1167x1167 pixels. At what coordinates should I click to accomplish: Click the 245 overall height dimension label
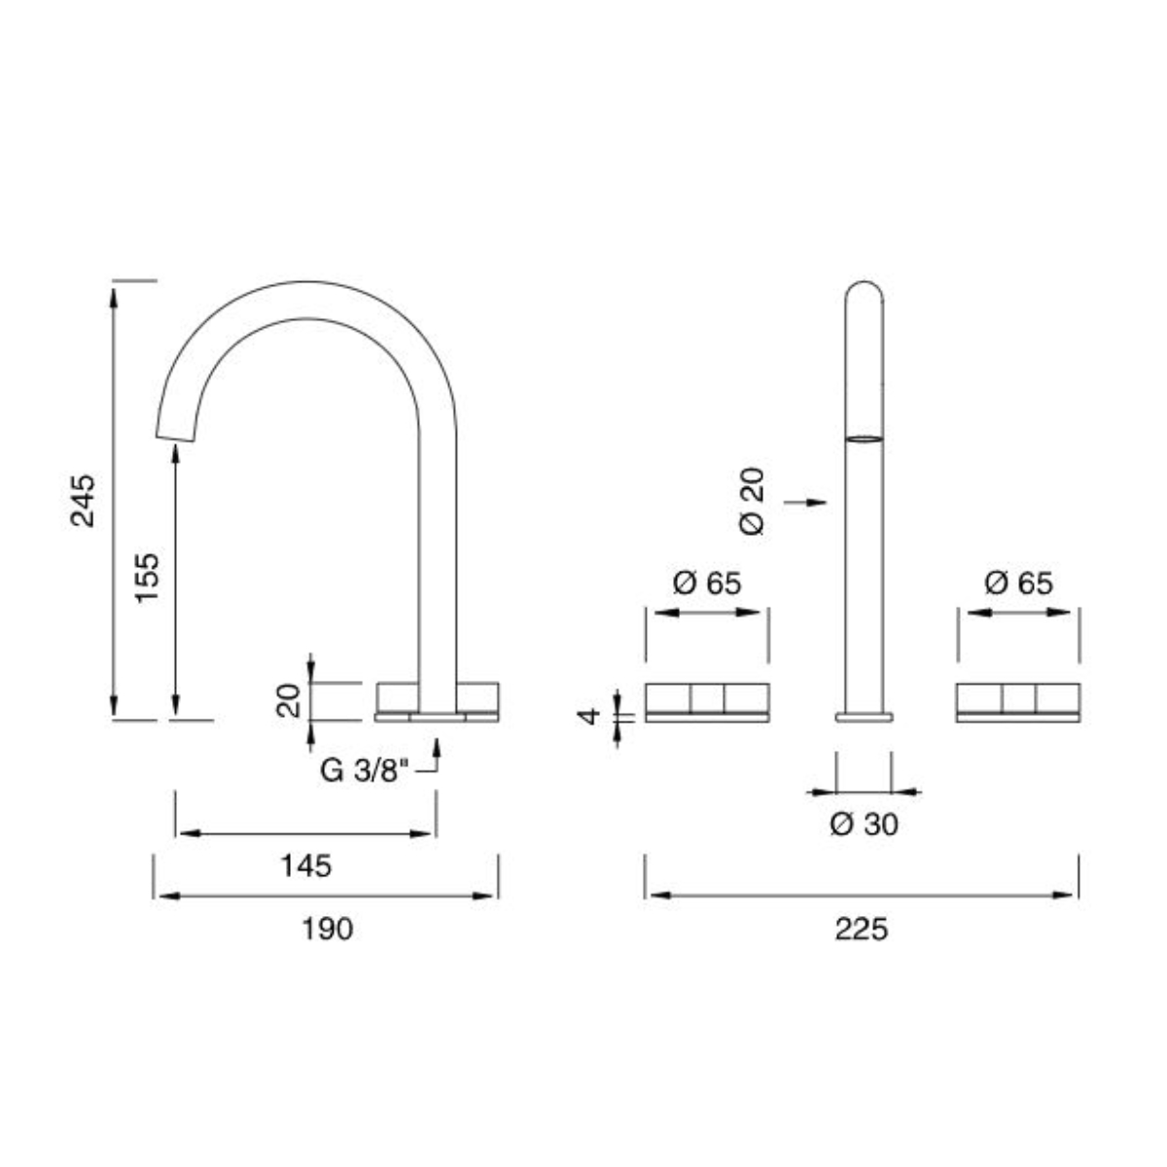(x=84, y=500)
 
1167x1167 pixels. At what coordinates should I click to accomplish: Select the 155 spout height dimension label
(x=146, y=578)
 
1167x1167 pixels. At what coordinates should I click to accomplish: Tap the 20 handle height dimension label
(x=288, y=700)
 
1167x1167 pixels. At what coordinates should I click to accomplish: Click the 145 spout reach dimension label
(x=305, y=865)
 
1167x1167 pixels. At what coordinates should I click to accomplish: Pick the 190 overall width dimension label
(x=326, y=929)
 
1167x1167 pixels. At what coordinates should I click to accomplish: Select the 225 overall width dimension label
(x=862, y=929)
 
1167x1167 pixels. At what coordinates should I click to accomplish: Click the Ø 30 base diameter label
(x=864, y=825)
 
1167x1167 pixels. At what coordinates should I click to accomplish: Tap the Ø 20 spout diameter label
(x=752, y=502)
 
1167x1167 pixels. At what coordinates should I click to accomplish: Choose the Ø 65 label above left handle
(x=707, y=583)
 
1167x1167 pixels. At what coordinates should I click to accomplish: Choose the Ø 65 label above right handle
(x=1018, y=583)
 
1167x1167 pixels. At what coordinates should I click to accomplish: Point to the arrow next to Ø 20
(x=805, y=502)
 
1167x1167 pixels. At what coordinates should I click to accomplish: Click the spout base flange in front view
(x=864, y=717)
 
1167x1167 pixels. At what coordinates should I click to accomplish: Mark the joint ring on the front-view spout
(x=865, y=440)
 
